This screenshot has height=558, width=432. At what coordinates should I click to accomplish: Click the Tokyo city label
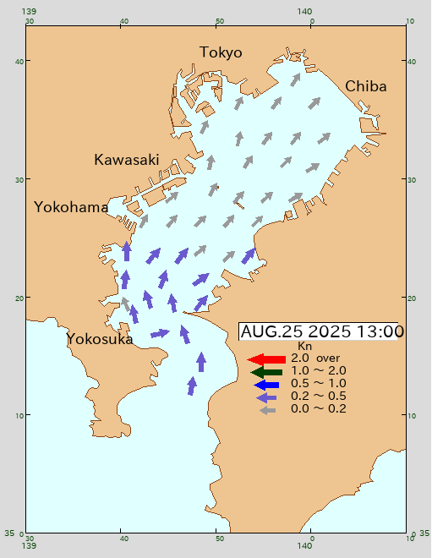pos(221,52)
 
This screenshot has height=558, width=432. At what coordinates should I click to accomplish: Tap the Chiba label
pos(366,86)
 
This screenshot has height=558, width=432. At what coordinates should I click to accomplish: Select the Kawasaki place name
pos(127,160)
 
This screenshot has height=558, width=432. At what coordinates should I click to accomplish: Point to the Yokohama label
pos(71,207)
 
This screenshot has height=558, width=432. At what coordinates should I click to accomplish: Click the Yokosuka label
pos(100,339)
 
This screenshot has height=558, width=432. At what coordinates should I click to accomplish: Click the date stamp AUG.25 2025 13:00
pos(322,331)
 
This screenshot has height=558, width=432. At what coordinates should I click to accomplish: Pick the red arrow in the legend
pos(266,359)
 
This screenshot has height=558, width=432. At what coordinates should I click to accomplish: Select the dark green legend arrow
pos(266,371)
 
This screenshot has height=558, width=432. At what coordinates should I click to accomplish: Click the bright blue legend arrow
pos(266,384)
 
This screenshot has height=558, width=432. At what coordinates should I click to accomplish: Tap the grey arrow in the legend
pos(267,410)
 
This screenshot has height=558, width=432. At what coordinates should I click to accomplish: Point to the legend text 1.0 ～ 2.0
pos(318,370)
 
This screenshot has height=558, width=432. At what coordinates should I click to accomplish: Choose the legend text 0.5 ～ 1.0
pos(318,383)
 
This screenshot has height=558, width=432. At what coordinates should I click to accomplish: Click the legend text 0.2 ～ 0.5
pos(318,396)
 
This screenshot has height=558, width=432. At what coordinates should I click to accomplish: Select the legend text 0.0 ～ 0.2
pos(318,408)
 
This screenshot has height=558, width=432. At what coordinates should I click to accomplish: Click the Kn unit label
pos(305,347)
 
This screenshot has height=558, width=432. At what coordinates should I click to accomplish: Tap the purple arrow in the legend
pos(267,397)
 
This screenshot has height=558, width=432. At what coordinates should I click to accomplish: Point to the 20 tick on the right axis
pos(413,298)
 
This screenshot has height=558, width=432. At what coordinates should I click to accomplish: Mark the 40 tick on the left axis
pos(17,61)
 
